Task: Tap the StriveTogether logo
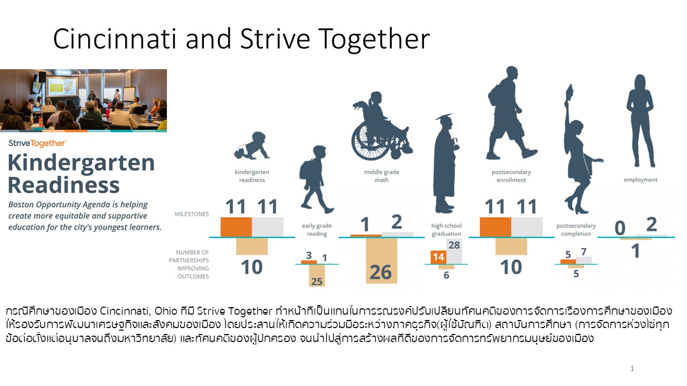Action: [37, 143]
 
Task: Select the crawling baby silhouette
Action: [252, 146]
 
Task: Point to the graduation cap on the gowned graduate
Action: [443, 117]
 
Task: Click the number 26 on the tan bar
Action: [381, 272]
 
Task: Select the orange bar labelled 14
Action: [438, 257]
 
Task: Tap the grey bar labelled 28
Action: [454, 251]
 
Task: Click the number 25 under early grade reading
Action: [317, 281]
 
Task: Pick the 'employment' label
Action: [641, 180]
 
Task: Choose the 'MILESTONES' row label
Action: [192, 214]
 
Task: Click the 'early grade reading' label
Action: [317, 230]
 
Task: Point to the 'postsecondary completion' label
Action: [576, 230]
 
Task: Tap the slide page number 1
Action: [632, 368]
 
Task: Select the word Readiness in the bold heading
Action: [64, 185]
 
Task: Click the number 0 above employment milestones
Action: [620, 228]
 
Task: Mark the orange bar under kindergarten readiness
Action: [236, 227]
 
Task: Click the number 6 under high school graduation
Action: [446, 275]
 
